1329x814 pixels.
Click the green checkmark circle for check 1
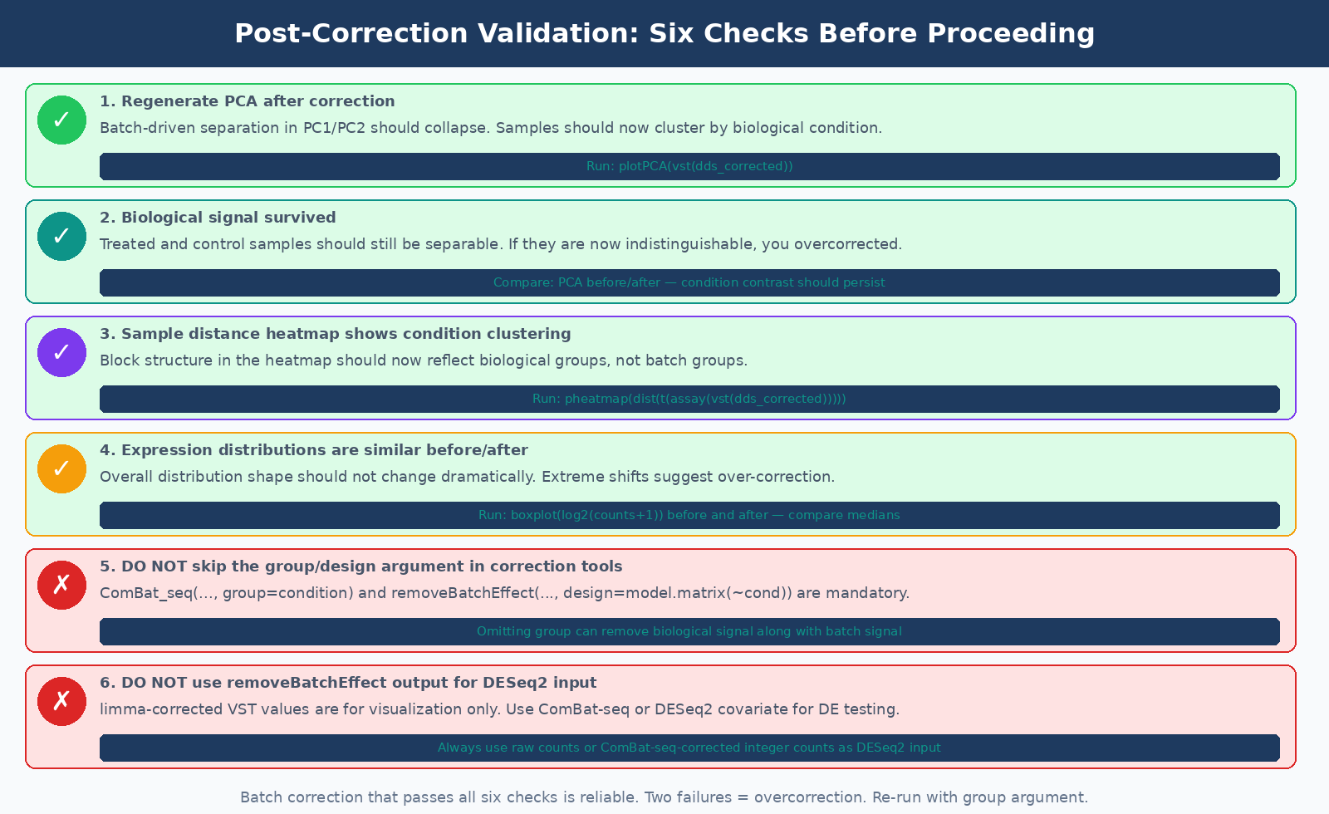pos(61,120)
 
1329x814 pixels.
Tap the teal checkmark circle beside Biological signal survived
pos(61,236)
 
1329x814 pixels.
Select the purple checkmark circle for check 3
pos(61,352)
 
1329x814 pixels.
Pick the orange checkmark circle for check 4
pos(61,468)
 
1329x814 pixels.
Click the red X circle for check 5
pos(61,585)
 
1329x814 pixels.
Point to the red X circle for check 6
pos(61,701)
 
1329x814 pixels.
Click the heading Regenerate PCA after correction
pos(248,101)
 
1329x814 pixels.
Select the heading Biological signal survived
pos(218,218)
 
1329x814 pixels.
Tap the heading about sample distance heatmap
pos(336,334)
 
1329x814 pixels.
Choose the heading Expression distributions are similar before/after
pos(314,450)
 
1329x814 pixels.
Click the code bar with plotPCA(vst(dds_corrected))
pos(689,166)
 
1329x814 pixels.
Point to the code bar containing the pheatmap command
pos(689,399)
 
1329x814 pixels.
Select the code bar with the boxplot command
pos(689,515)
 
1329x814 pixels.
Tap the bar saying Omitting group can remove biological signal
pos(689,631)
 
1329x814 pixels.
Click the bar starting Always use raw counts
pos(689,748)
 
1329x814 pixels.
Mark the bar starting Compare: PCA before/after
pos(689,282)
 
